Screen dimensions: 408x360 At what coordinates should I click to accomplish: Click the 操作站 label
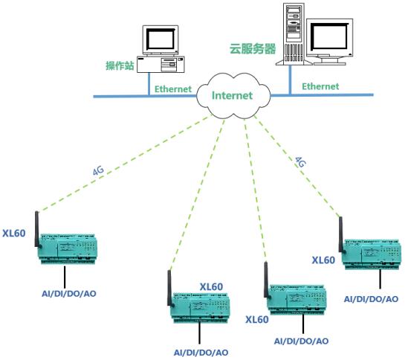click(x=120, y=65)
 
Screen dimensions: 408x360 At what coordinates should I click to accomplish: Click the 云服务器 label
click(x=253, y=48)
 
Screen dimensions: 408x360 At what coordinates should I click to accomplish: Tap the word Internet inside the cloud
click(x=232, y=95)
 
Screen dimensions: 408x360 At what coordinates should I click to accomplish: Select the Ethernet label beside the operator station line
click(x=173, y=89)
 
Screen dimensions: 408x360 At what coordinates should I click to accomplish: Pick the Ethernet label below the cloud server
click(x=320, y=86)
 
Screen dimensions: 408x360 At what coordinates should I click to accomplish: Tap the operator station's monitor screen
click(x=161, y=39)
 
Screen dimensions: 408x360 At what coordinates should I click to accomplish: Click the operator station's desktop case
click(x=161, y=64)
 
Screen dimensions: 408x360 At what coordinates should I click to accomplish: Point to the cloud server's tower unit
click(x=294, y=34)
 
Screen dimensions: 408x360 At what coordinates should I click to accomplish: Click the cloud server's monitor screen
click(x=330, y=36)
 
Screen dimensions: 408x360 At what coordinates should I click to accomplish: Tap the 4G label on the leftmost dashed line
click(x=98, y=170)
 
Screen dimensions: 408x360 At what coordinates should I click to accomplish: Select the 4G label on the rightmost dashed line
click(x=300, y=162)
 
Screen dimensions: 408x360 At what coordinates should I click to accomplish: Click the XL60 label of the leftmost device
click(x=14, y=233)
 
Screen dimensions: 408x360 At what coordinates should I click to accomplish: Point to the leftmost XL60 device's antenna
click(x=37, y=230)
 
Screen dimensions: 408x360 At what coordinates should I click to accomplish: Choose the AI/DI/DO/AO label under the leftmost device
click(x=69, y=294)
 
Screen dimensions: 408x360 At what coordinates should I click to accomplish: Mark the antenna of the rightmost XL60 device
click(x=341, y=235)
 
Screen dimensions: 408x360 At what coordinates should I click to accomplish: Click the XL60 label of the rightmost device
click(x=323, y=260)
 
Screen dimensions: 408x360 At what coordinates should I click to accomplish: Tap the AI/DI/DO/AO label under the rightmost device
click(x=371, y=299)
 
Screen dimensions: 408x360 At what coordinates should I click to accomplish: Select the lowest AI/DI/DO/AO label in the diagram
click(x=201, y=353)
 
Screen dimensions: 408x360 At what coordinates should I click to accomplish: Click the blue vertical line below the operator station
click(x=149, y=84)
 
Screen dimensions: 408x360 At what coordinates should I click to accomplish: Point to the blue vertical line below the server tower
click(x=290, y=80)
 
